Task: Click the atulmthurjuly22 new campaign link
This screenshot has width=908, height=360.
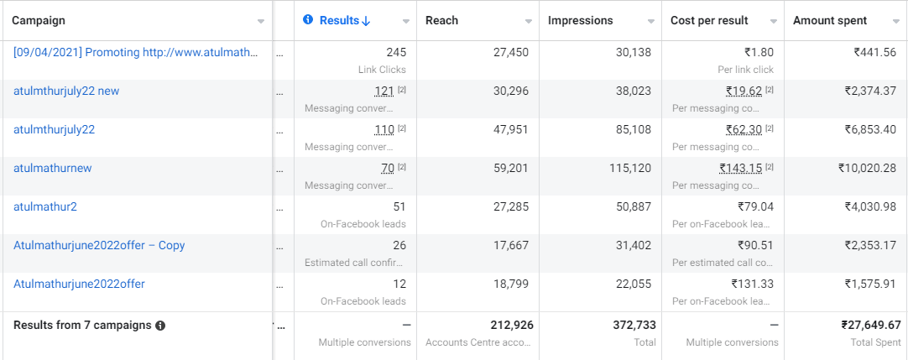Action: pos(66,91)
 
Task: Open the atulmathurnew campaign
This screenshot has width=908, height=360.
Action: pos(52,168)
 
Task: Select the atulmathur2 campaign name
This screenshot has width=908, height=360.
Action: pos(45,206)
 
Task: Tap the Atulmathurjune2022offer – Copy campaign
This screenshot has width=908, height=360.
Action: pos(99,245)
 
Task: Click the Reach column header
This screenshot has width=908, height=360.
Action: pos(441,20)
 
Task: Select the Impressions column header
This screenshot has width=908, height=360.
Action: pos(580,20)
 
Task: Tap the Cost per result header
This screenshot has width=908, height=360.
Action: pos(709,20)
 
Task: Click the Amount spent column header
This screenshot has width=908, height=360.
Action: pos(830,20)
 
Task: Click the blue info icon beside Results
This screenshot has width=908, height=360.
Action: pos(308,20)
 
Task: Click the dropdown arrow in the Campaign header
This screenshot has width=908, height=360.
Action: pos(261,21)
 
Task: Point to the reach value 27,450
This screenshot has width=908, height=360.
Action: pos(510,52)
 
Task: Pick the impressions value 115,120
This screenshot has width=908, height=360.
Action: pos(629,168)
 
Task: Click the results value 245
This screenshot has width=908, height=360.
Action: pos(396,52)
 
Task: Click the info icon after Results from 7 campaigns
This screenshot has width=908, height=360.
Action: pos(160,325)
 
